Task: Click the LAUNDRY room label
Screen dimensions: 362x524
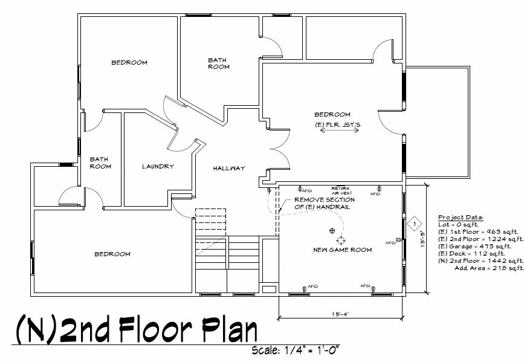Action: [158, 166]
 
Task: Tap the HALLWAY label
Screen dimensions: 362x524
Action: [228, 168]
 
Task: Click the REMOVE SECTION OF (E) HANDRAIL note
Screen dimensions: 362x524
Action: [324, 203]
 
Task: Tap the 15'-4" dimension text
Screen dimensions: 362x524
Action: [340, 313]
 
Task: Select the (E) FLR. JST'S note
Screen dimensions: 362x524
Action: [337, 125]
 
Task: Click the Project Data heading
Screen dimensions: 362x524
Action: [461, 217]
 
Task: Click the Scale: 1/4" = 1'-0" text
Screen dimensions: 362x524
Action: [296, 350]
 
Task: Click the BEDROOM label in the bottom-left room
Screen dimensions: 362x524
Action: [112, 254]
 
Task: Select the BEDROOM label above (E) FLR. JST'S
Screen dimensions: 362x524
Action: [332, 114]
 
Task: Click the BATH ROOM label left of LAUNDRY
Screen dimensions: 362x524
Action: [100, 163]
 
